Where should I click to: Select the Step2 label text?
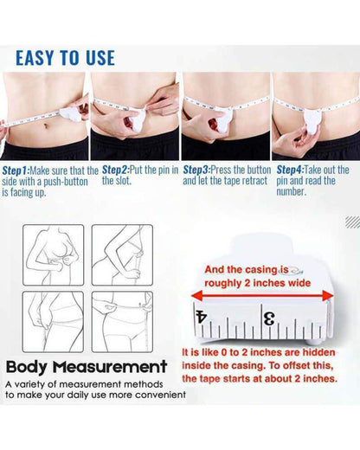click(x=117, y=170)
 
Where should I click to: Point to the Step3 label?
click(x=197, y=170)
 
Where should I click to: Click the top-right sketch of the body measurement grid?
click(x=122, y=254)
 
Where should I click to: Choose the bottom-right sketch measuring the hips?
click(x=122, y=318)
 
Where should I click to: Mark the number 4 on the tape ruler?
click(x=202, y=318)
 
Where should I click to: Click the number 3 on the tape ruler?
click(x=269, y=318)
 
